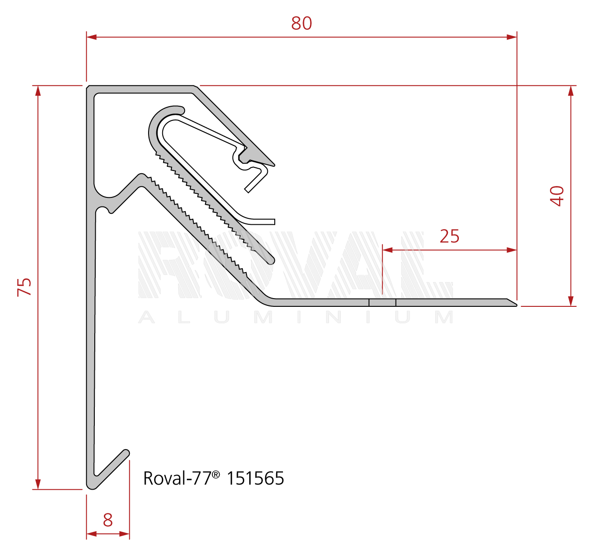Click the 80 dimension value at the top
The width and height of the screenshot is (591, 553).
click(x=302, y=23)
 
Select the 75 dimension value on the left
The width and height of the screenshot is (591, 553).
click(x=25, y=287)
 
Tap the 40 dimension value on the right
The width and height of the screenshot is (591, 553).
click(x=557, y=196)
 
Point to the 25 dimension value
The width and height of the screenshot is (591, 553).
click(x=449, y=236)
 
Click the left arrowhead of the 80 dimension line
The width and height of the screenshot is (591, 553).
click(x=92, y=37)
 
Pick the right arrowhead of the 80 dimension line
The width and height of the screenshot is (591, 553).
click(x=512, y=37)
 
